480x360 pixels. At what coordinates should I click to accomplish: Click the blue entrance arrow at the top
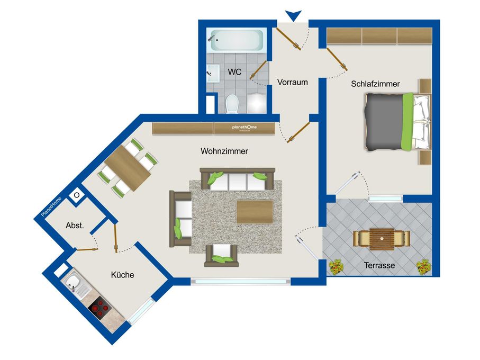(x=293, y=15)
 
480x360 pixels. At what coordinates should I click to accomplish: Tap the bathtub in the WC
(x=237, y=40)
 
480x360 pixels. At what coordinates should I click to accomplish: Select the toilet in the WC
(x=232, y=103)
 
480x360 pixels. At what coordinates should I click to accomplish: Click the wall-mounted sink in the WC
(x=213, y=73)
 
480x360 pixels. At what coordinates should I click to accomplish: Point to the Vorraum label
(x=292, y=82)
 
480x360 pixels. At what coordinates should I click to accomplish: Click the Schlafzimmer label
(x=375, y=84)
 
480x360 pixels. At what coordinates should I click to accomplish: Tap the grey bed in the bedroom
(x=398, y=122)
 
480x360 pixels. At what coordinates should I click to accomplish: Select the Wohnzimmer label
(x=224, y=151)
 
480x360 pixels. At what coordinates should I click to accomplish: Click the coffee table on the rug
(x=255, y=212)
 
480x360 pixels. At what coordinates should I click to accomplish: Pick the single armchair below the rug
(x=221, y=256)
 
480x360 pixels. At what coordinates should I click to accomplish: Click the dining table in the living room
(x=128, y=167)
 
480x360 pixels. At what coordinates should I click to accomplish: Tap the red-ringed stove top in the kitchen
(x=99, y=308)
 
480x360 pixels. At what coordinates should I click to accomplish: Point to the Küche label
(x=122, y=275)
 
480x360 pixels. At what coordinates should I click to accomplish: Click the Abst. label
(x=75, y=226)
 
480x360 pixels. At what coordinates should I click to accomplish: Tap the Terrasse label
(x=379, y=265)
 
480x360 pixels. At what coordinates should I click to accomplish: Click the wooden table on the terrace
(x=382, y=239)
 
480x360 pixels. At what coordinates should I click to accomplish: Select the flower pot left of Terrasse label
(x=336, y=267)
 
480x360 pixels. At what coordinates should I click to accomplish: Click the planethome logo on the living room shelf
(x=244, y=127)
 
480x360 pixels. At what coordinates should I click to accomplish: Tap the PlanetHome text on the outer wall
(x=51, y=207)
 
